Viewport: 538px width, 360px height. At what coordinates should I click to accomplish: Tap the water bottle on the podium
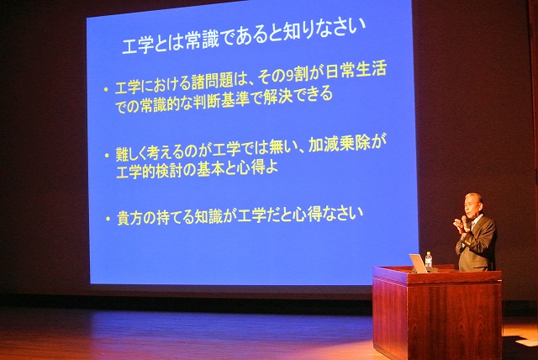[429, 260]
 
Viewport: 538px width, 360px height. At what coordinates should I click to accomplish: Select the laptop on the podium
[418, 263]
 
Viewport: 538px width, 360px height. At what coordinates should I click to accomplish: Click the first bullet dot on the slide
[105, 88]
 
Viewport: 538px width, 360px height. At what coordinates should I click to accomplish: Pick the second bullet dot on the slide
[106, 156]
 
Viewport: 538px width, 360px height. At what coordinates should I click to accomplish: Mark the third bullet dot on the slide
[107, 219]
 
